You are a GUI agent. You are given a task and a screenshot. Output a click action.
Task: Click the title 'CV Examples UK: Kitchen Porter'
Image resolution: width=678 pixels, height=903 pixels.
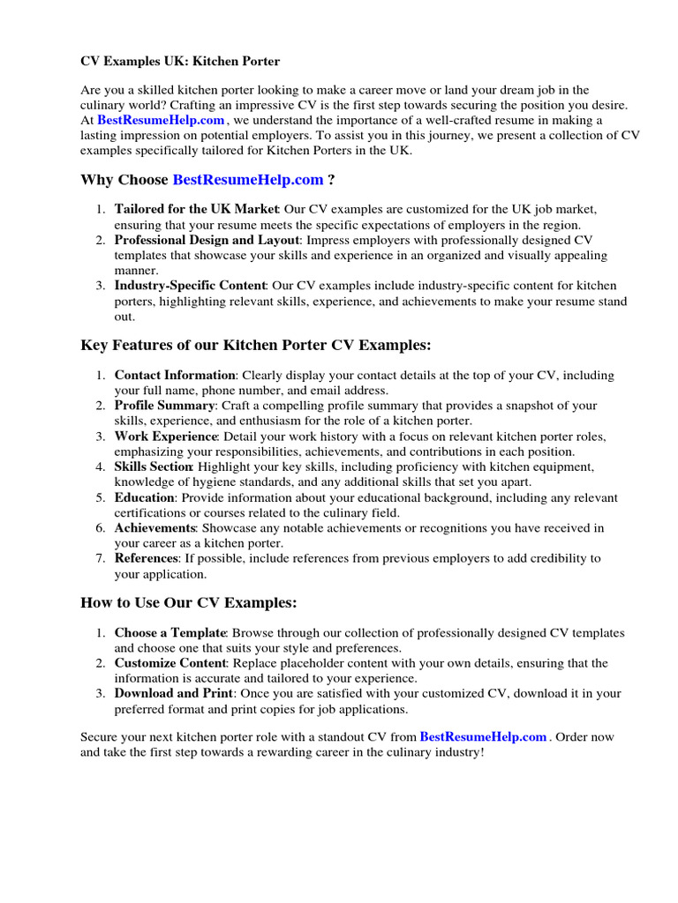point(180,61)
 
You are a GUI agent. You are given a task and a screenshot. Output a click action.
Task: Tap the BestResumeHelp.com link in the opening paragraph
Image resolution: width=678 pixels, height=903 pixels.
point(161,120)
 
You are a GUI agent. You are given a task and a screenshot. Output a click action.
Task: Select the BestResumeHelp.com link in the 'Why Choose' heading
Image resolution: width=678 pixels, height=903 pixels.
point(248,180)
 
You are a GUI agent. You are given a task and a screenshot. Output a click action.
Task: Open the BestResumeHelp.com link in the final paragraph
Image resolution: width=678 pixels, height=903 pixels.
point(483,736)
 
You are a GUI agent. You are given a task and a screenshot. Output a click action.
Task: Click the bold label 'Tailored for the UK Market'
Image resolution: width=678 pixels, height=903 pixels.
point(197,209)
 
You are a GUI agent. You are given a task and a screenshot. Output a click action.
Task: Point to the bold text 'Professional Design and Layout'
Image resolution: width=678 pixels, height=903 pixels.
point(207,240)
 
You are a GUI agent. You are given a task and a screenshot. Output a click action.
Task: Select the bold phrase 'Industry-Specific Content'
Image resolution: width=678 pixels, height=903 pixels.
point(190,286)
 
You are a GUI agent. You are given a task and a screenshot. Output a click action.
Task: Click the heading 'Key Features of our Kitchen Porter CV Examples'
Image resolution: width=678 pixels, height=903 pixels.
point(256,344)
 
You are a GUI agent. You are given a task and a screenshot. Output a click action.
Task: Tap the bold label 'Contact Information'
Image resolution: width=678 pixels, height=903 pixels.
point(175,375)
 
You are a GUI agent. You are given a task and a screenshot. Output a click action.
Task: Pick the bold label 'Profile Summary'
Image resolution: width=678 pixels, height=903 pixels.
point(165,406)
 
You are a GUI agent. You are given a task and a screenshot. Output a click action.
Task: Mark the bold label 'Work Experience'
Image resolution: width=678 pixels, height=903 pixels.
point(166,437)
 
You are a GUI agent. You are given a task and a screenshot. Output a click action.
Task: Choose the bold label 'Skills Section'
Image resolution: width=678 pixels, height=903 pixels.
point(154,466)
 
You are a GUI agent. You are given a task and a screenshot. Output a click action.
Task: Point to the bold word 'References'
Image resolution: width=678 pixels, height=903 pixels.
point(146,558)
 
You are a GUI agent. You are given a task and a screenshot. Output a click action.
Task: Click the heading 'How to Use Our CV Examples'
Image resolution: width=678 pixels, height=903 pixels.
point(189,603)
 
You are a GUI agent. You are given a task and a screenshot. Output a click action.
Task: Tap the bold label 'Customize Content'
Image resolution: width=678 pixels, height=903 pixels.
point(171,663)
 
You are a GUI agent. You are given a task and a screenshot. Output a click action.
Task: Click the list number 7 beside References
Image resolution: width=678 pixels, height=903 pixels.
point(100,558)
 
